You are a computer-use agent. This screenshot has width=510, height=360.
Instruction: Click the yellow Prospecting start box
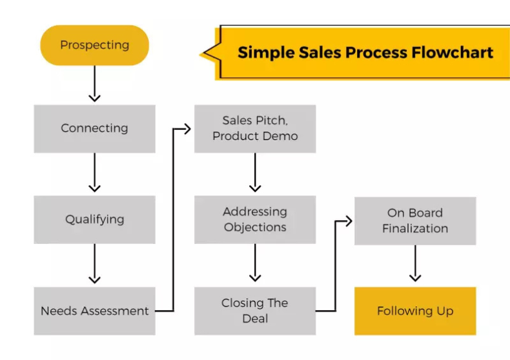pyautogui.click(x=94, y=45)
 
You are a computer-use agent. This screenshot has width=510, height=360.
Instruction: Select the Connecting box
pyautogui.click(x=94, y=128)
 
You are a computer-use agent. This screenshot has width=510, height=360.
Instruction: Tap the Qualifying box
pyautogui.click(x=94, y=219)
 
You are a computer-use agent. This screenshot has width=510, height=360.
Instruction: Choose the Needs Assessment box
pyautogui.click(x=94, y=311)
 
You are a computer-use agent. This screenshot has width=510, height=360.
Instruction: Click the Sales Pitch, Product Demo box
pyautogui.click(x=255, y=128)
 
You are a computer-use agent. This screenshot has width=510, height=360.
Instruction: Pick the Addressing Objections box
pyautogui.click(x=255, y=219)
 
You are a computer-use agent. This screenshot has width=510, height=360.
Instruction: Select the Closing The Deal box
pyautogui.click(x=255, y=311)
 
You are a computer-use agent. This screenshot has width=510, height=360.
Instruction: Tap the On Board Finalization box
pyautogui.click(x=415, y=221)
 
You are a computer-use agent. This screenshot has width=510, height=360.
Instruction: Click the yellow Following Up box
pyautogui.click(x=415, y=311)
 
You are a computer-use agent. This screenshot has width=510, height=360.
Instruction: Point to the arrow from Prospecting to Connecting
pyautogui.click(x=94, y=84)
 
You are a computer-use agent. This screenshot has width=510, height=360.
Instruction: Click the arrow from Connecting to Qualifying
pyautogui.click(x=94, y=173)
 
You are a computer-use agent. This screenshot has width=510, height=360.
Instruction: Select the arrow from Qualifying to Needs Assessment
pyautogui.click(x=94, y=265)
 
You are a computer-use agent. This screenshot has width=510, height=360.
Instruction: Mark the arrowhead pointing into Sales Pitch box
pyautogui.click(x=187, y=128)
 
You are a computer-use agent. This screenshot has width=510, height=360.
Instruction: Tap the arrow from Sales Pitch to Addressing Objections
pyautogui.click(x=255, y=173)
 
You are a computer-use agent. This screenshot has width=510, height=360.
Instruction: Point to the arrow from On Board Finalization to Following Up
pyautogui.click(x=415, y=265)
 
